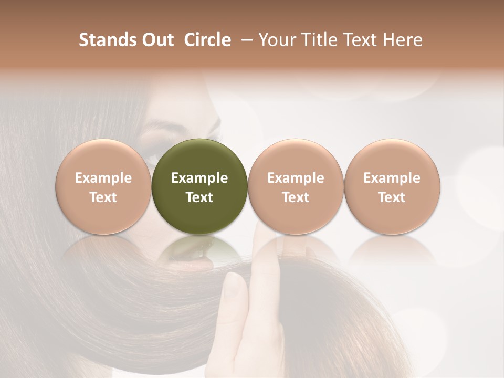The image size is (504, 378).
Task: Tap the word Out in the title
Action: (156, 40)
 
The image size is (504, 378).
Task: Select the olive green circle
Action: (199, 186)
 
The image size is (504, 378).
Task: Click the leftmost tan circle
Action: (103, 186)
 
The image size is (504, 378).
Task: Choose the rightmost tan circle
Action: (392, 186)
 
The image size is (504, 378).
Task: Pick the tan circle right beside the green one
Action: (296, 186)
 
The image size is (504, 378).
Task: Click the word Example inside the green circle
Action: (199, 178)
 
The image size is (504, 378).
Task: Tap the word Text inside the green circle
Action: (199, 197)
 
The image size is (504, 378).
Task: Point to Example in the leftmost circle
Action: (103, 178)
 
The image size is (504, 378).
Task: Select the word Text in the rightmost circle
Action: (392, 197)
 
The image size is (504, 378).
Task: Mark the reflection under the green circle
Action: (199, 249)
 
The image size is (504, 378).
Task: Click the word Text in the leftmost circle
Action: (103, 197)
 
